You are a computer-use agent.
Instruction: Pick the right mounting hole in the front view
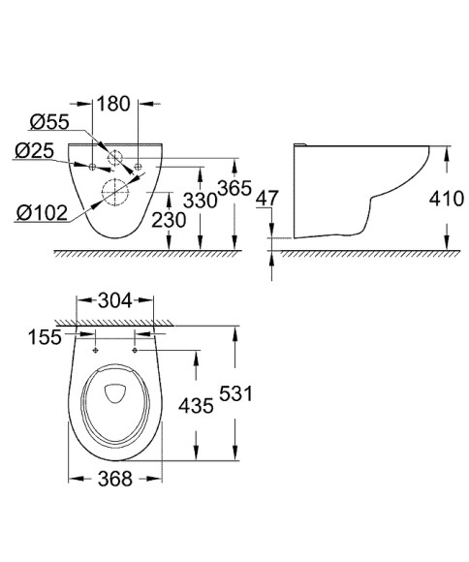pos(140,167)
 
